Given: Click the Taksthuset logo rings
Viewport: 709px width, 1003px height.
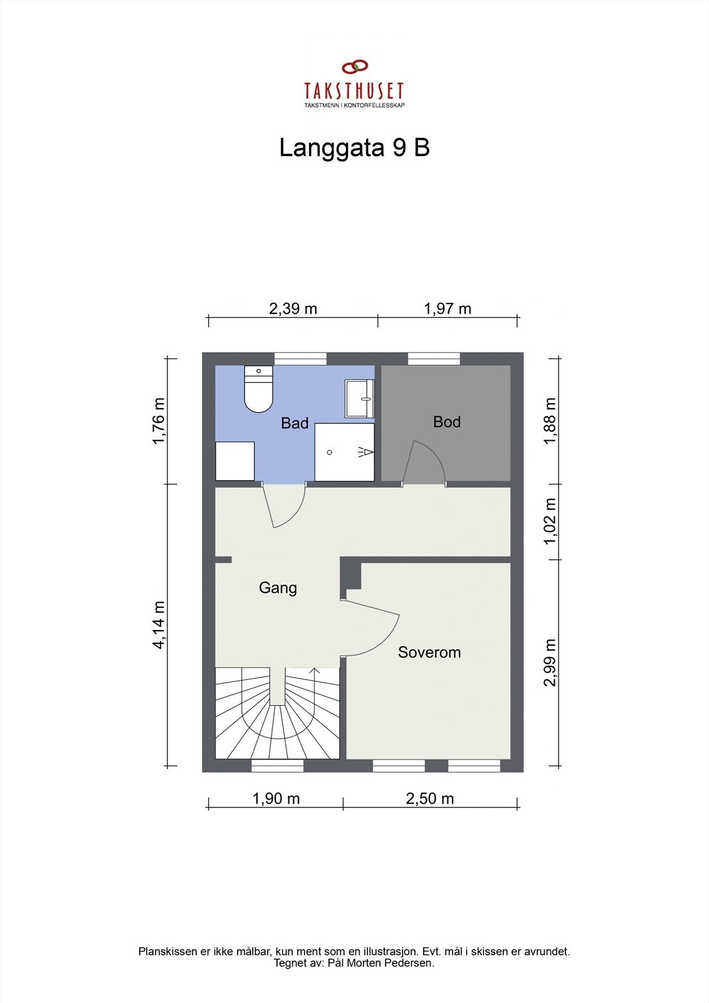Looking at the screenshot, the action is click(355, 66).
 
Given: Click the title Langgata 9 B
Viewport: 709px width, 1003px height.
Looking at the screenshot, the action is click(354, 148).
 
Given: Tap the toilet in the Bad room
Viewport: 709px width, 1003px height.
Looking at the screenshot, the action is click(258, 389).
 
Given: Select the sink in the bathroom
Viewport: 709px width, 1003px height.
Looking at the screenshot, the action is click(360, 399).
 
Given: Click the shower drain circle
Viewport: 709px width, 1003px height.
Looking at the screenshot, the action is click(330, 452).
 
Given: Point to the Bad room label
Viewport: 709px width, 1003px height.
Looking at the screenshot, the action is click(295, 423).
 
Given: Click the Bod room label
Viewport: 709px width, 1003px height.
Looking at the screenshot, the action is click(446, 422).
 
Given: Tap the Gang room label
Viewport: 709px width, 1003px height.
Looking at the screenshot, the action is click(278, 588).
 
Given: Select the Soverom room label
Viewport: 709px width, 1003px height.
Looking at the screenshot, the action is click(429, 653).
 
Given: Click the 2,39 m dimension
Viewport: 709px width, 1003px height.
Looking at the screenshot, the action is click(293, 308).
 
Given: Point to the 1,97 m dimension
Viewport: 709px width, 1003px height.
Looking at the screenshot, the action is click(448, 308).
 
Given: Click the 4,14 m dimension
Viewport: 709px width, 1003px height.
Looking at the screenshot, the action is click(160, 625).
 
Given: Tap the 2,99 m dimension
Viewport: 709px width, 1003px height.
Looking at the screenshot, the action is click(550, 662).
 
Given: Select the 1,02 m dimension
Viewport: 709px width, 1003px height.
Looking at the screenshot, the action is click(550, 522).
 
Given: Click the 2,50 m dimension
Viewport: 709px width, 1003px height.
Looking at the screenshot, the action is click(430, 799).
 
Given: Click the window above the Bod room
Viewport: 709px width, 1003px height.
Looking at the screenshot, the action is click(434, 359).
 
